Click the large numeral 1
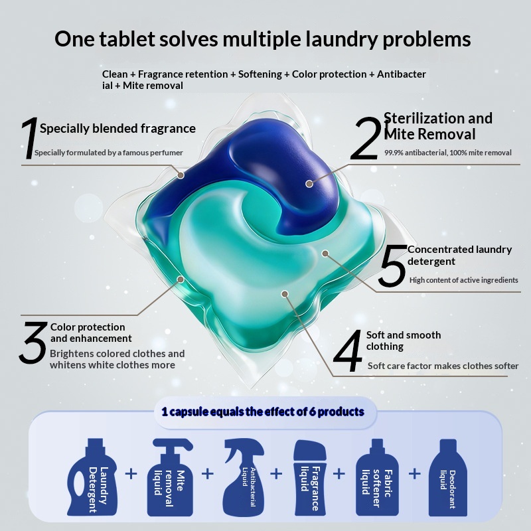point(29,138)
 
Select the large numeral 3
point(33,342)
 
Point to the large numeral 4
point(348,351)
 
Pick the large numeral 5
point(393,266)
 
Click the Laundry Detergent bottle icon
point(92,477)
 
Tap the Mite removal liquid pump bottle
point(170,477)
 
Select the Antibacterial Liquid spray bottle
point(243,477)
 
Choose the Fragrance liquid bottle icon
point(310,478)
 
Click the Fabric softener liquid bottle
point(377,477)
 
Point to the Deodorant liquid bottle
point(447,477)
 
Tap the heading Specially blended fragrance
point(117,129)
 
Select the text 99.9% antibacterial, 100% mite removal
point(447,153)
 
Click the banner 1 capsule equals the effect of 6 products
point(263,412)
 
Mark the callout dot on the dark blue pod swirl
point(309,184)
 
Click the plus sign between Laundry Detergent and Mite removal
point(131,473)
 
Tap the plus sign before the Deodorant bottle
point(414,473)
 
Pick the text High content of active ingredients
point(463,280)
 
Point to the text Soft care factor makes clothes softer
point(443,366)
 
